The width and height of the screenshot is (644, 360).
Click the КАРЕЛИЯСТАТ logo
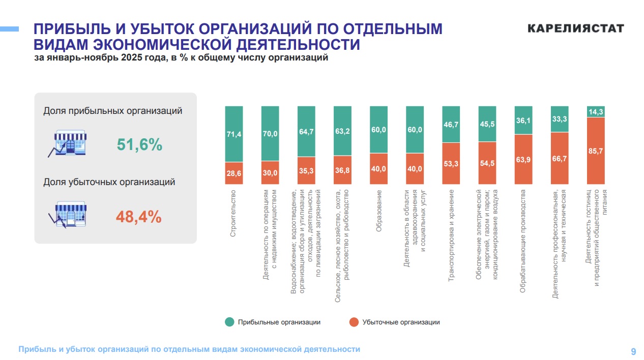575,28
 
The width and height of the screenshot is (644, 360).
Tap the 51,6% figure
139,145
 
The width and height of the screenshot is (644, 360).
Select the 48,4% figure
139,217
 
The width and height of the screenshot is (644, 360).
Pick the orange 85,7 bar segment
596,151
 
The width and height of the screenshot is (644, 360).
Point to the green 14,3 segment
596,112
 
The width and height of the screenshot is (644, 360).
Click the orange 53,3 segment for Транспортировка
451,163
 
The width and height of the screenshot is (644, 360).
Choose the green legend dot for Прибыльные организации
229,322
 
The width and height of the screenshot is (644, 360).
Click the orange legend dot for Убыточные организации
354,322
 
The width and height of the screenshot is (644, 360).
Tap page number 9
633,351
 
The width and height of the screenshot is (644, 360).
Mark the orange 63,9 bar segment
523,159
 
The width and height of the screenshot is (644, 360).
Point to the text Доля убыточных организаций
109,182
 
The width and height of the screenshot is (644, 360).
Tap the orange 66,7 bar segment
560,158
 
